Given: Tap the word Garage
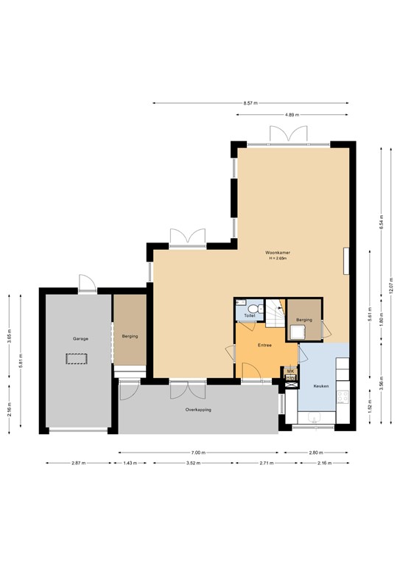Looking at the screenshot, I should point(80,338).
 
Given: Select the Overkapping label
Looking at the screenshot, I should point(198,409).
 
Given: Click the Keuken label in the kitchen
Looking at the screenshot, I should point(321,386).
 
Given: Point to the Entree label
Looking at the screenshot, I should point(265,344).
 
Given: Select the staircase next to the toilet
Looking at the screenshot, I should point(273,315).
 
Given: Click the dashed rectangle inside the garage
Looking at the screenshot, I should point(77,359).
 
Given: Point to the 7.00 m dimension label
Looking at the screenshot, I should point(198,453).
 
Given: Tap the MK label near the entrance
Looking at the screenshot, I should point(290,372).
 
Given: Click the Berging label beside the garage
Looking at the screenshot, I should point(130,336).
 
